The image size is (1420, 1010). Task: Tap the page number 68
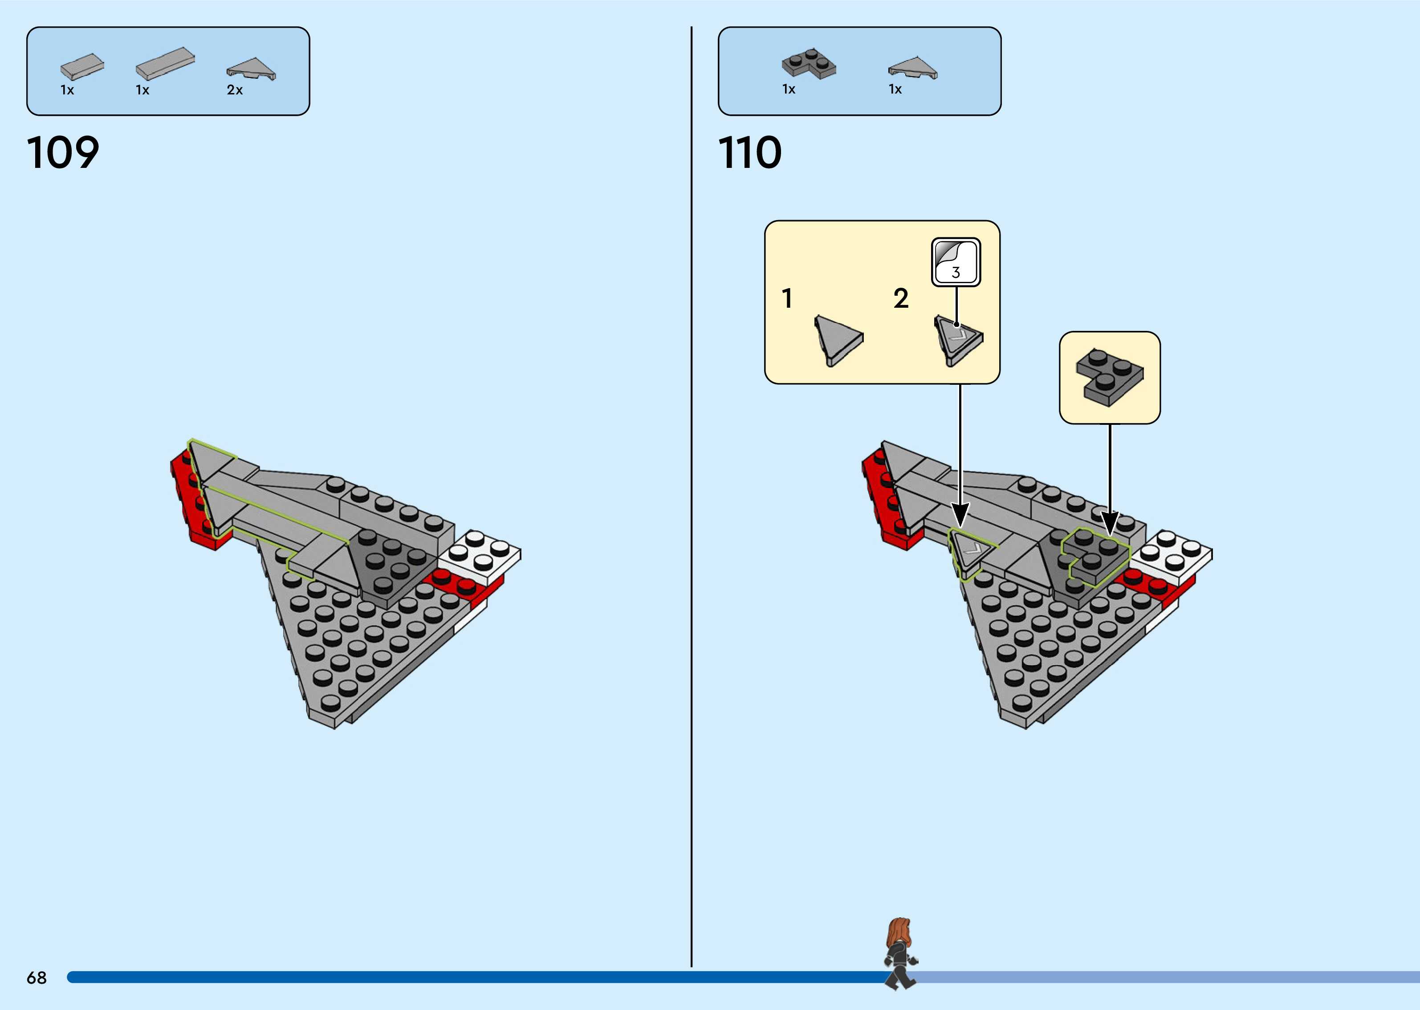37,977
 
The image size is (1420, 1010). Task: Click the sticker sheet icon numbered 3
956,262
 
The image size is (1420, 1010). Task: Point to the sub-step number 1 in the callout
787,298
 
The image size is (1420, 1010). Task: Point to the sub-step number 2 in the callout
901,298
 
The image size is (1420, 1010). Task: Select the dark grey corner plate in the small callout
1108,377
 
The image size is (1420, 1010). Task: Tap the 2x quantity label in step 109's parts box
234,90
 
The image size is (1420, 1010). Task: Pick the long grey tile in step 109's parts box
165,63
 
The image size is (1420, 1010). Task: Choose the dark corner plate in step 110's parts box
808,63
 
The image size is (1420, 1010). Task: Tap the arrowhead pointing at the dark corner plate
1110,524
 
